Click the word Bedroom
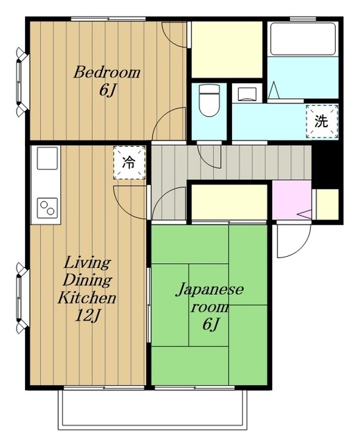pos(107,72)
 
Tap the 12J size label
pos(87,316)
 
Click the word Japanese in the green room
pos(209,290)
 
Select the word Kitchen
pos(87,298)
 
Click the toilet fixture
pos(209,100)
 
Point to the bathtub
pos(303,39)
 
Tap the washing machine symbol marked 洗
pos(322,122)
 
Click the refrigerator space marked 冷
pos(129,163)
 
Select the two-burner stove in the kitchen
pos(47,208)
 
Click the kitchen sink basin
pos(47,159)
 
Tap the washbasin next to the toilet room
pos(247,94)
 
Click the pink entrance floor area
pos(291,200)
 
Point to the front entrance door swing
pos(294,240)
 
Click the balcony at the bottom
pos(152,410)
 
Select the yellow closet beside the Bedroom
pos(227,49)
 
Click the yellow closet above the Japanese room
pos(229,201)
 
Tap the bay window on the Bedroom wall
pos(21,82)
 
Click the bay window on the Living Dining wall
pos(21,298)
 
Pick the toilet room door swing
pos(208,157)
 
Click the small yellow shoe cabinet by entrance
pos(327,204)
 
